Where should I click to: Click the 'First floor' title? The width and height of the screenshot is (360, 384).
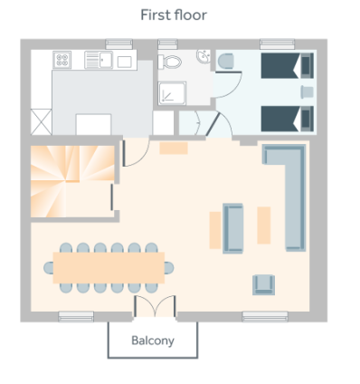[174, 15]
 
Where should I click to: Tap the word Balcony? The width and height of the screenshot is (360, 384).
[153, 341]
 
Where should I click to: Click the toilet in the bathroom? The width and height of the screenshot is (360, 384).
[169, 62]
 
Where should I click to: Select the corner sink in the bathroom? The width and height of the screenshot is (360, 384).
[204, 56]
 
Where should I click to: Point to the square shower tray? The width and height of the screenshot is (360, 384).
[172, 93]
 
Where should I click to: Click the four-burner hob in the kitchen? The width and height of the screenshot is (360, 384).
[62, 60]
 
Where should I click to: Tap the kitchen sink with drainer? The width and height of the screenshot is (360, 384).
[99, 60]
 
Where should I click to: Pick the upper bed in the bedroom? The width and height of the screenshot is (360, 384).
[288, 65]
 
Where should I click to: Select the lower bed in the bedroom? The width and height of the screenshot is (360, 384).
[288, 119]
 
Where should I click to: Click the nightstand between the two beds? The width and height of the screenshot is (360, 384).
[308, 92]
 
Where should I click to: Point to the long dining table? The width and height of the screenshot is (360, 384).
[109, 268]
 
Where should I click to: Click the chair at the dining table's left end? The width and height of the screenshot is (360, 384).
[49, 268]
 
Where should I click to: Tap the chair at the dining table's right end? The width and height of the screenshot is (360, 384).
[169, 268]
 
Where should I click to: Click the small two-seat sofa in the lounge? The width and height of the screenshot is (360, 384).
[232, 228]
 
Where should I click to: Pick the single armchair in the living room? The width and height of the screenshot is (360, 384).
[263, 284]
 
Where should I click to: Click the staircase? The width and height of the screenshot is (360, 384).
[72, 181]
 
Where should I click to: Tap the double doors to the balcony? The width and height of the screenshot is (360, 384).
[155, 306]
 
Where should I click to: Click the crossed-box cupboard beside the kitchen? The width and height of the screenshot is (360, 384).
[42, 121]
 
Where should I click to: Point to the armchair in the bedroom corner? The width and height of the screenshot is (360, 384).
[225, 62]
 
